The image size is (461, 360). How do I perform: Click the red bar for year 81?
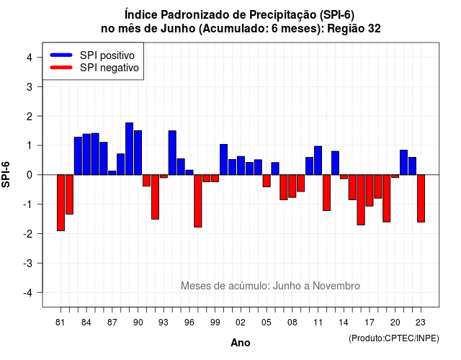61,203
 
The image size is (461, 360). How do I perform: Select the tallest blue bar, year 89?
130,149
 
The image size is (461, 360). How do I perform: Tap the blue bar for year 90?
138,153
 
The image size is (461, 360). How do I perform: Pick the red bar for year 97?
198,201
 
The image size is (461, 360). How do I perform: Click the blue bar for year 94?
172,153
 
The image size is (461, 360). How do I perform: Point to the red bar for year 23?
421,199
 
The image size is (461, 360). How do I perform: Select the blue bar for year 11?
318,161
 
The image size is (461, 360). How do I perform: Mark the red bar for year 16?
361,200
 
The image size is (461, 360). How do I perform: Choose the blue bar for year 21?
404,163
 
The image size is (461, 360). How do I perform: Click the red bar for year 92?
156,197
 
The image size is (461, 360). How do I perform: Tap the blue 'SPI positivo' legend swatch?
61,55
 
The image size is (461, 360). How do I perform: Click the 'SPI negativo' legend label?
109,68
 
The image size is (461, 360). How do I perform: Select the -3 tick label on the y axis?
28,264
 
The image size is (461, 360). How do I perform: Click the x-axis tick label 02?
241,323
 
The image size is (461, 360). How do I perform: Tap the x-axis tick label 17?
370,323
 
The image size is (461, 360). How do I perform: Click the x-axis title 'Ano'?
241,343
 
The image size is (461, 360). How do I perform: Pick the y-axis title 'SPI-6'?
6,174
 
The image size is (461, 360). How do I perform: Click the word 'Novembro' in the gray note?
336,286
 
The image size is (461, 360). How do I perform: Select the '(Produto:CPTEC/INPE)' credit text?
394,338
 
